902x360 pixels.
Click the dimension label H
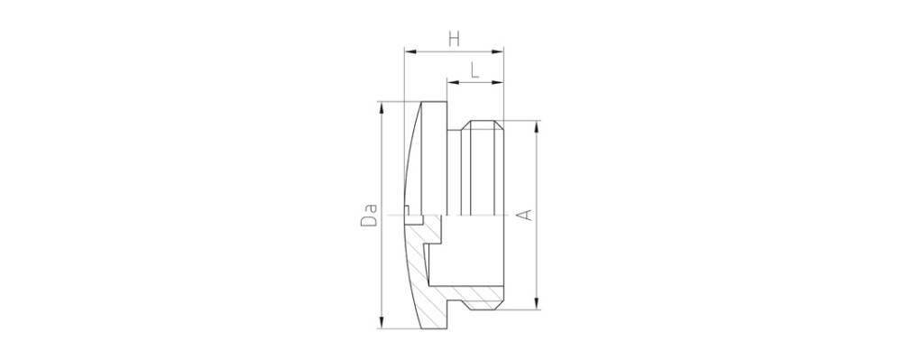455,39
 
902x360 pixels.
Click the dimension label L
475,70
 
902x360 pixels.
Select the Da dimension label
369,214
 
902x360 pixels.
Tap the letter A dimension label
524,215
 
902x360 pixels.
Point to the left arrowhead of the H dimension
410,51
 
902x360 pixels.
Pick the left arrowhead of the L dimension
453,83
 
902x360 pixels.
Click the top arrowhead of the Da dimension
381,108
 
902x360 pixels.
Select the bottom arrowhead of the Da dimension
381,323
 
